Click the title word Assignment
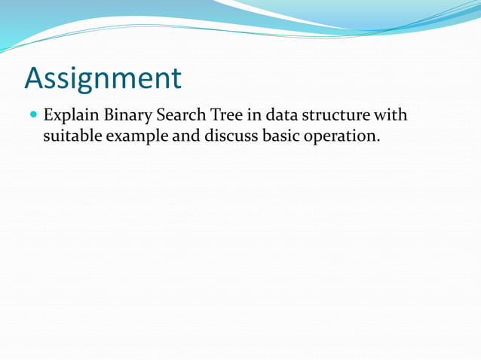103,78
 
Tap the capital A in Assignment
35,78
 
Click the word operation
338,138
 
